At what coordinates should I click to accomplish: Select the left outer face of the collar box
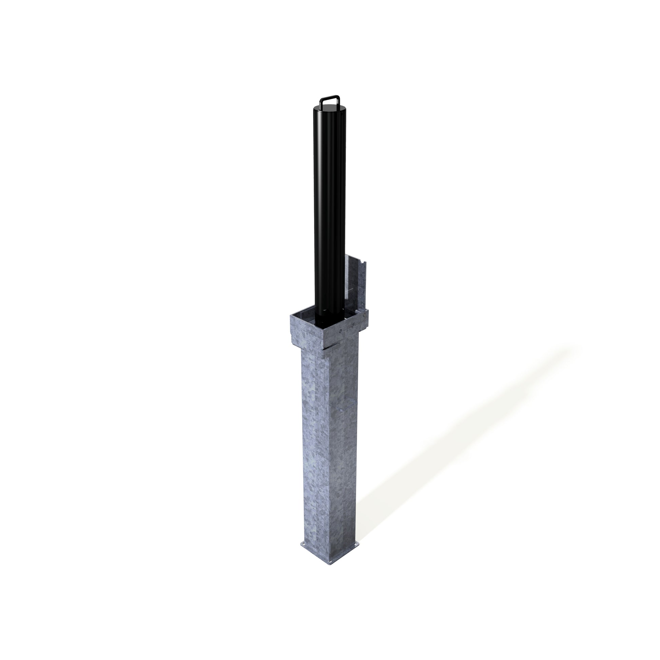(x=306, y=331)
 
